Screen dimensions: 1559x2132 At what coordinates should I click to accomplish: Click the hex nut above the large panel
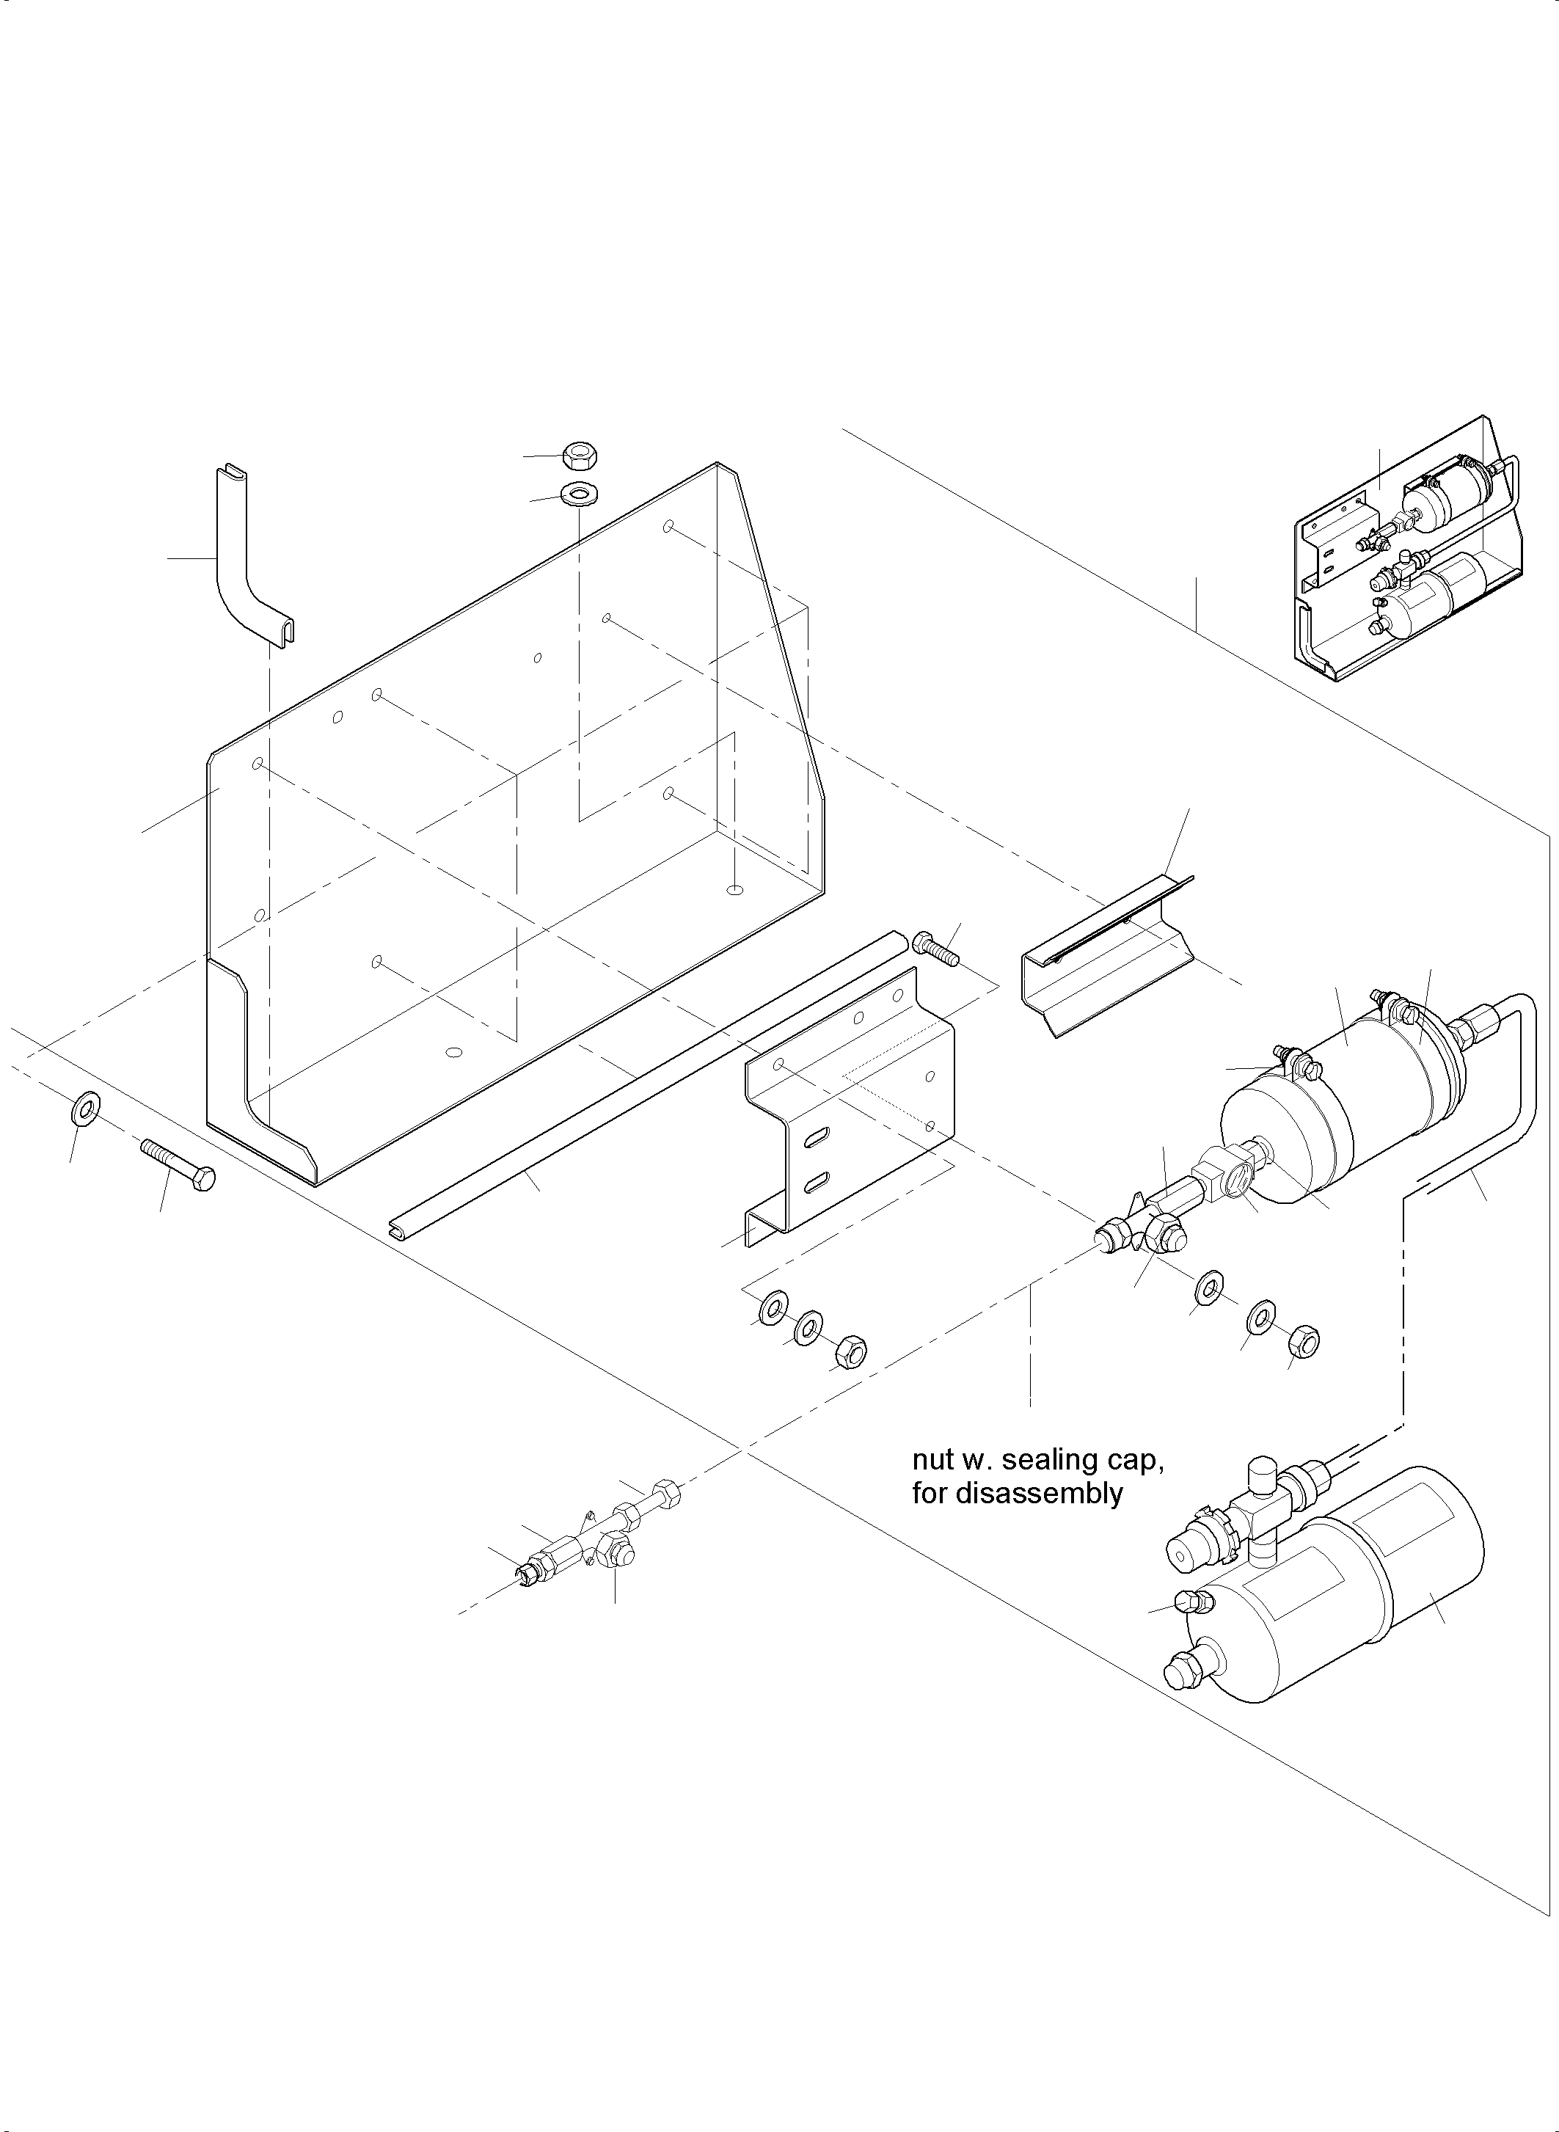tap(577, 456)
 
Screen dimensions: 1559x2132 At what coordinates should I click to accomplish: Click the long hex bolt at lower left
tap(178, 1166)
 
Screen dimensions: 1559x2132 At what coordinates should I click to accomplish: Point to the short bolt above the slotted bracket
tap(936, 949)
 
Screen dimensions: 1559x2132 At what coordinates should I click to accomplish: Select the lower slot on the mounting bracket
tap(815, 1180)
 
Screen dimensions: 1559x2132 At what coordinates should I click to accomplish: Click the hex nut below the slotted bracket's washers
tap(850, 1351)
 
